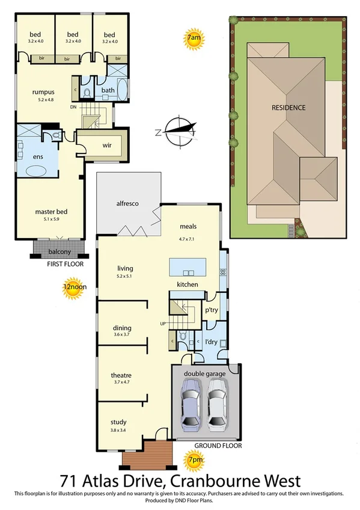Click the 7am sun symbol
click(194, 38)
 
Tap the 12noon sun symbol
click(75, 287)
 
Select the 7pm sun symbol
click(195, 461)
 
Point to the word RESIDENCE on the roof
click(288, 108)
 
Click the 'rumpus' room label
click(44, 92)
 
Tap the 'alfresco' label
click(127, 204)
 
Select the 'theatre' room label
click(122, 375)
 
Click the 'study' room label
click(119, 422)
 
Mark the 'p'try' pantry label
click(212, 310)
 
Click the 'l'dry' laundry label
click(212, 342)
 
